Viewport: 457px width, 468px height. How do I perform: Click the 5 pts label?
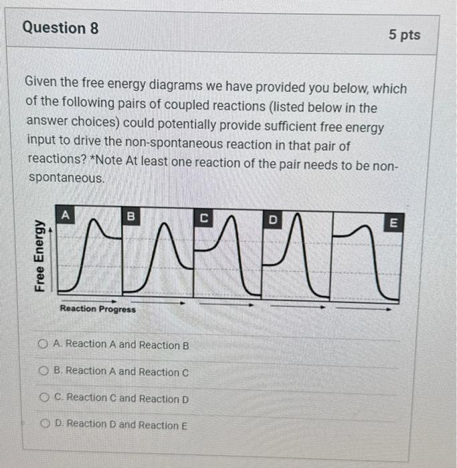click(404, 35)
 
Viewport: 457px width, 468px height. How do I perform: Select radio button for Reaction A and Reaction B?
click(43, 344)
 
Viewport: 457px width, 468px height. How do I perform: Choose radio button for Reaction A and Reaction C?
click(45, 371)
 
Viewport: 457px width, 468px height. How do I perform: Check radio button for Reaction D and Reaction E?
click(46, 424)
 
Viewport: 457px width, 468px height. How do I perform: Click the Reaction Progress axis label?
click(98, 309)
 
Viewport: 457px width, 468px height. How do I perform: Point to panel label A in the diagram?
click(65, 215)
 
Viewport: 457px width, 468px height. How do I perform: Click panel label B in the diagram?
click(131, 216)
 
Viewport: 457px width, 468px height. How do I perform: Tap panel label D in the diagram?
click(272, 219)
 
